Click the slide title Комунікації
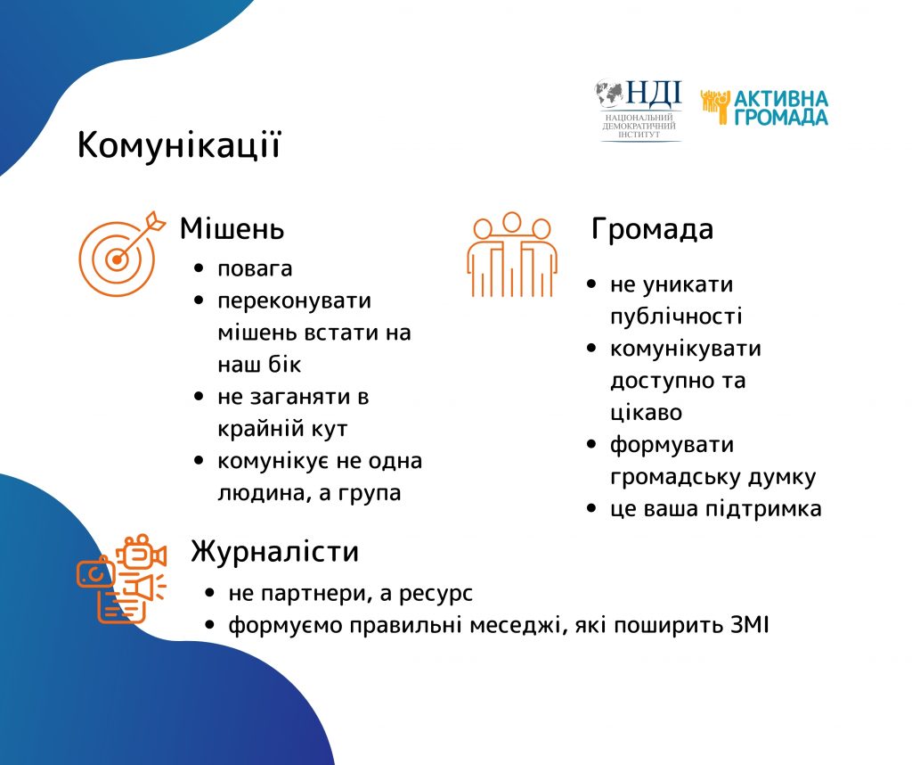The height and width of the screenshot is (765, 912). [179, 144]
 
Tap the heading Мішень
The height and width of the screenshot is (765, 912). [232, 228]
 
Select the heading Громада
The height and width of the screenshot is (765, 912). [652, 228]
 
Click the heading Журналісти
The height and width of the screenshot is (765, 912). [274, 551]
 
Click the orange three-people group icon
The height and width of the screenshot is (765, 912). [512, 254]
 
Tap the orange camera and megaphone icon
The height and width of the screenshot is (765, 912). [121, 579]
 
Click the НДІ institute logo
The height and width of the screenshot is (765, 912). [639, 111]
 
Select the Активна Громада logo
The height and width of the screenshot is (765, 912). [764, 108]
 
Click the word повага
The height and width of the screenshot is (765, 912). [255, 269]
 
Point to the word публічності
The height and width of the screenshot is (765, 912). [676, 317]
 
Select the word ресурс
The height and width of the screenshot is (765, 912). [436, 594]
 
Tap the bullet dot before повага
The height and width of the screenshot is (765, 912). [199, 268]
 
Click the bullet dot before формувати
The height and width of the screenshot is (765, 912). [591, 444]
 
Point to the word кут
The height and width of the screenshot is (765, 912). [330, 429]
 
